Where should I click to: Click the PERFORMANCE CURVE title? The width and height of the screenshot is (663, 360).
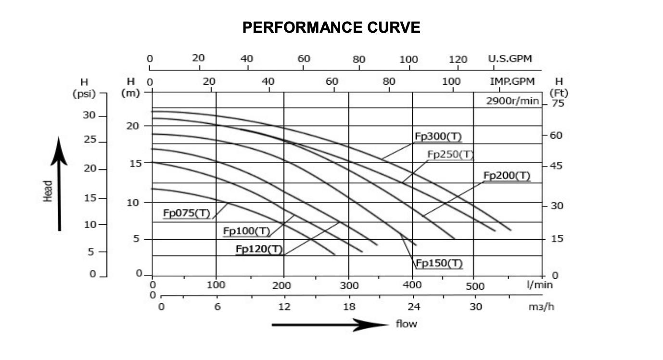point(331,27)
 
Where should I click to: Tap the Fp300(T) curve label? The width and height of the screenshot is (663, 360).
point(438,136)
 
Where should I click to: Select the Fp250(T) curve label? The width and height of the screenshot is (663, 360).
point(450,154)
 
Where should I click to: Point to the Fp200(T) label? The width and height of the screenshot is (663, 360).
point(507,176)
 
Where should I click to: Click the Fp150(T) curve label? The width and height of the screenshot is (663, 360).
point(439,263)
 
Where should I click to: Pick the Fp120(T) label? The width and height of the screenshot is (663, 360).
point(259,249)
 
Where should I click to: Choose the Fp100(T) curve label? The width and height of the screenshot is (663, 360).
point(246,231)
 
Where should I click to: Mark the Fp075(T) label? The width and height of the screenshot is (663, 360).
point(187,213)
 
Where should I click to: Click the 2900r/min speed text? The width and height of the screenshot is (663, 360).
point(513,101)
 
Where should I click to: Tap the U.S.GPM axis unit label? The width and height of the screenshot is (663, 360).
point(510,59)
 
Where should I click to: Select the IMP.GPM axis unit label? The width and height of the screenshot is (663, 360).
point(512,81)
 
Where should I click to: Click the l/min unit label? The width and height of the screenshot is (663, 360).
point(540,284)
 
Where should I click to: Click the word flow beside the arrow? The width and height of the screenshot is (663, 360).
point(407,323)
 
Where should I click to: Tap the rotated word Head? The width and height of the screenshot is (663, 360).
point(48,191)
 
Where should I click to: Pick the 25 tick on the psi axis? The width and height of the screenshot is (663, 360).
point(90,142)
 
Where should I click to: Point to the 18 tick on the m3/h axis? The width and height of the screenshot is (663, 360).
point(349,307)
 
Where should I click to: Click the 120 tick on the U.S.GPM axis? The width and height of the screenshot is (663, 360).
point(458,59)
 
